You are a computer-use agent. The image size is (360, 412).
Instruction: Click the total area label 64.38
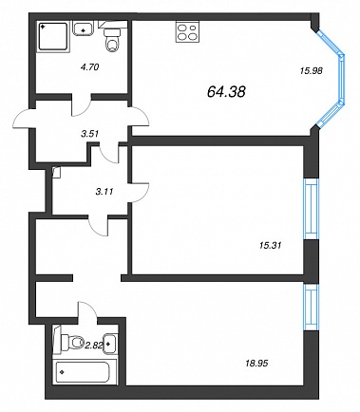tap(226, 92)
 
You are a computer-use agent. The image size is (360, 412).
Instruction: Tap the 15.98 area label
tap(311, 71)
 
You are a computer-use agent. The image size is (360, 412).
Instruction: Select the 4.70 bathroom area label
tap(89, 66)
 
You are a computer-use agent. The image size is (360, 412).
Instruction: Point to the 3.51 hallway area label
tap(90, 134)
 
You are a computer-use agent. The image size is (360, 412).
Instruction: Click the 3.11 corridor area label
tap(104, 191)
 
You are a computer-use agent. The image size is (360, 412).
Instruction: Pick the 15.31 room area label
tap(270, 245)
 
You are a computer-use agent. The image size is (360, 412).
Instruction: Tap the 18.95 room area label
tap(256, 363)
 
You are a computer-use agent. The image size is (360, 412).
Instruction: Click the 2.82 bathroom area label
tap(93, 345)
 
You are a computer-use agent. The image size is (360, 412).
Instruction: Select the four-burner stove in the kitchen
tap(187, 31)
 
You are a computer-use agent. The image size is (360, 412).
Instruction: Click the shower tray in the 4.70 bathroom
tap(53, 36)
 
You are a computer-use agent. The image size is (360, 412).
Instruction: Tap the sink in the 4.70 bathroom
tap(84, 28)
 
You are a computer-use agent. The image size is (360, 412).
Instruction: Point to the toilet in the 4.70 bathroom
tap(112, 40)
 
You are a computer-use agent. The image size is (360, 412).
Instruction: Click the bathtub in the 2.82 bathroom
tap(83, 372)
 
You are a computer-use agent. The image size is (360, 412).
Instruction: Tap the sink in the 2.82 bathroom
tap(110, 344)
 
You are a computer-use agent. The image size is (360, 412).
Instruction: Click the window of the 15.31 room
tap(311, 209)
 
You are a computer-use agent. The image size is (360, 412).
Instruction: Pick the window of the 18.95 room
tap(311, 307)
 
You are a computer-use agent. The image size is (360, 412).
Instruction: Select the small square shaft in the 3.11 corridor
tap(56, 173)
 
